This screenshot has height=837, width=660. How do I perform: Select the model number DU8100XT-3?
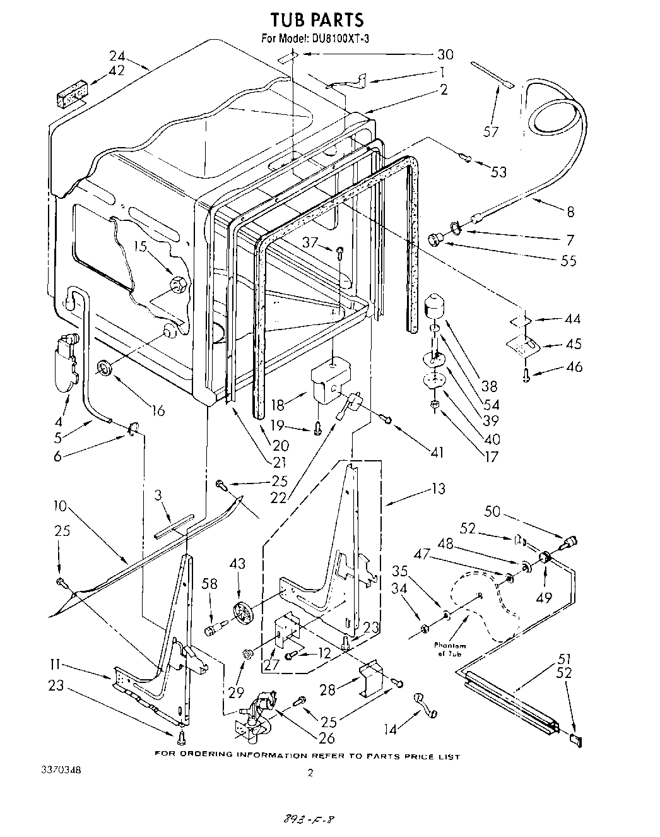click(x=340, y=39)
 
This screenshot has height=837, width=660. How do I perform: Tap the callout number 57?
click(x=491, y=131)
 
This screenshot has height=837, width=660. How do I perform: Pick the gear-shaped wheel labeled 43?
click(x=242, y=612)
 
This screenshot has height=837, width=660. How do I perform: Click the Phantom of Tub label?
click(x=450, y=650)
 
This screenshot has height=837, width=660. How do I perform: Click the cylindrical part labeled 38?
click(x=434, y=308)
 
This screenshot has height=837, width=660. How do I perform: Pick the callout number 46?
click(x=574, y=367)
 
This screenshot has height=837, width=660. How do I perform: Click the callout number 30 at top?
click(x=463, y=54)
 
